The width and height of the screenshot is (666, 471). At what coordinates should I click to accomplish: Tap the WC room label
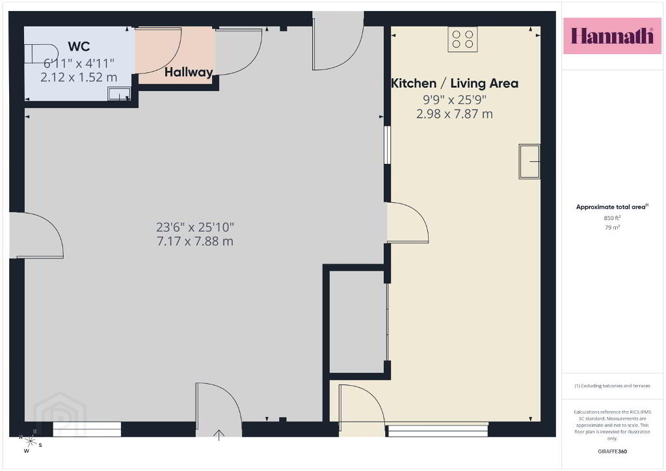(x=79, y=46)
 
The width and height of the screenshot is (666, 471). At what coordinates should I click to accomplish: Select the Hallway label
(x=189, y=72)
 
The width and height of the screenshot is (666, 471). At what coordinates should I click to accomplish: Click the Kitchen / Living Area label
(x=455, y=83)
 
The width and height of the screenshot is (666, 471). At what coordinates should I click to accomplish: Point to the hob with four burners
(x=462, y=39)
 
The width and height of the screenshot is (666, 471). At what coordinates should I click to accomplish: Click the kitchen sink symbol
(x=529, y=161)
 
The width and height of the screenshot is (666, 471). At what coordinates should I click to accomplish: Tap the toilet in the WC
(x=41, y=53)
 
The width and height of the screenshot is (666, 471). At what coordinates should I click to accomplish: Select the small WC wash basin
(x=119, y=94)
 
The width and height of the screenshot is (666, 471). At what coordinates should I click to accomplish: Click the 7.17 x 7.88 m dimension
(x=195, y=241)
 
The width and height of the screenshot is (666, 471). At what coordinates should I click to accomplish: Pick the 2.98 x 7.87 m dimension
(x=455, y=114)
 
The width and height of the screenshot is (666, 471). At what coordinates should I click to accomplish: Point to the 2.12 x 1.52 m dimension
(x=79, y=77)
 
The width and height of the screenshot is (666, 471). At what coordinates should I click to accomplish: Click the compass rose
(x=30, y=441)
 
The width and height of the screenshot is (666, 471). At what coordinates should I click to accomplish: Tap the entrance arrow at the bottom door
(x=219, y=435)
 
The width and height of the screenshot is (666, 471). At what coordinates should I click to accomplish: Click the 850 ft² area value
(x=612, y=218)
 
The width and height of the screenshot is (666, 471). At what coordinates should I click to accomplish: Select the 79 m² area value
(x=612, y=227)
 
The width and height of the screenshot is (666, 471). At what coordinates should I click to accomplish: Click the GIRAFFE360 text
(x=612, y=451)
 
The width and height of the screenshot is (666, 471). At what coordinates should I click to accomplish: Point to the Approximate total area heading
(x=612, y=207)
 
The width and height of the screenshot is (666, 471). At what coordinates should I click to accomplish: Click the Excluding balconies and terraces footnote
(x=612, y=386)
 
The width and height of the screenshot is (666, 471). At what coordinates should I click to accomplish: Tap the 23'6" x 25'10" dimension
(x=195, y=227)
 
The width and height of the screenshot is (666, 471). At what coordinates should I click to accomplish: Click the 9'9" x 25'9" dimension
(x=455, y=100)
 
